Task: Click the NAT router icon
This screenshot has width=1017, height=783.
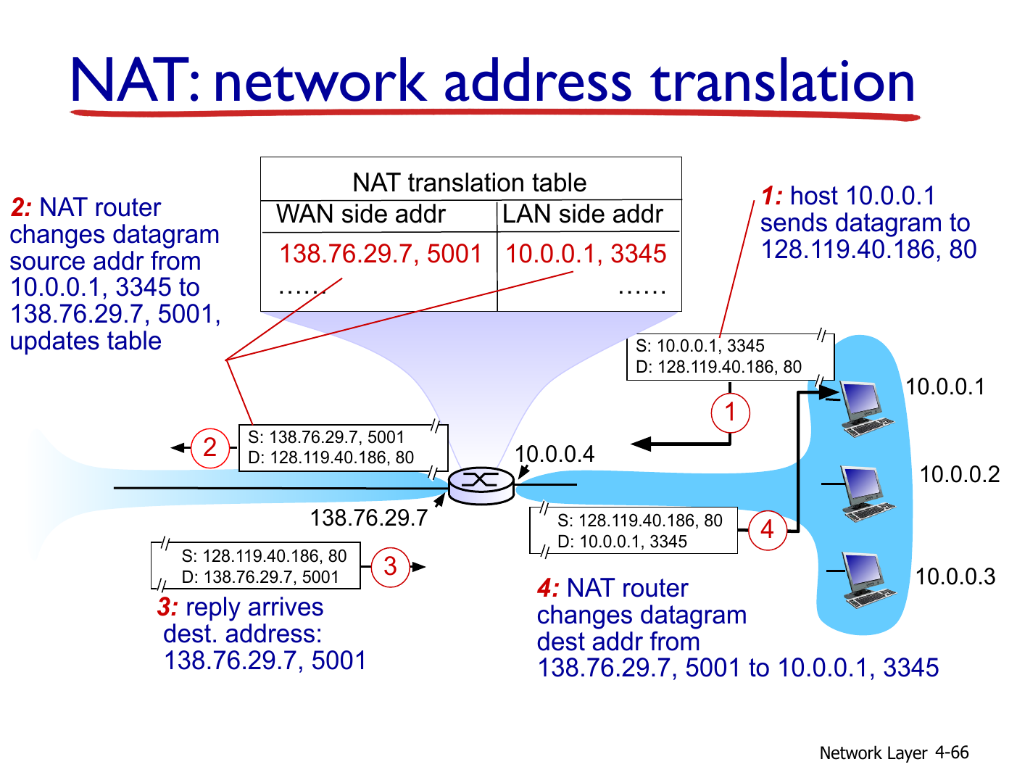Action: point(481,486)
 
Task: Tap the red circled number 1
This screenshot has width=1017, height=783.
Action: point(730,413)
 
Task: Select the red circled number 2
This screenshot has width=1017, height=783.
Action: point(210,448)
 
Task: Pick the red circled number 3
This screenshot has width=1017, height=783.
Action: point(390,567)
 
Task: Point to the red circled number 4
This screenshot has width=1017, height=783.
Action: point(767,530)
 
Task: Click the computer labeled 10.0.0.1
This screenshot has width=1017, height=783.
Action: point(866,409)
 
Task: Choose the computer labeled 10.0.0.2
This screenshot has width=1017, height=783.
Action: point(867,493)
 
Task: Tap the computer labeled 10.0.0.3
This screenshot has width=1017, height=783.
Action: point(868,580)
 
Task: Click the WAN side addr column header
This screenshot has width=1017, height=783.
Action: point(360,215)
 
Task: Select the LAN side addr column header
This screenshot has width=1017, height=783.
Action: point(582,215)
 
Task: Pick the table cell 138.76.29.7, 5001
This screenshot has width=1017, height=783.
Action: point(380,254)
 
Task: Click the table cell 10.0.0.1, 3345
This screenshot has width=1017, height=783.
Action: point(586,254)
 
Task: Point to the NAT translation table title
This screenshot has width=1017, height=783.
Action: point(470,182)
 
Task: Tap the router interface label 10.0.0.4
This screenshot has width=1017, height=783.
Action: point(555,454)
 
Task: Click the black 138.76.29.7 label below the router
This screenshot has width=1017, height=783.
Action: point(369,518)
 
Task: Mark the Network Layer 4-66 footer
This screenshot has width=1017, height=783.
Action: point(894,753)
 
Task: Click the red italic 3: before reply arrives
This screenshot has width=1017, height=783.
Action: point(167,608)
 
